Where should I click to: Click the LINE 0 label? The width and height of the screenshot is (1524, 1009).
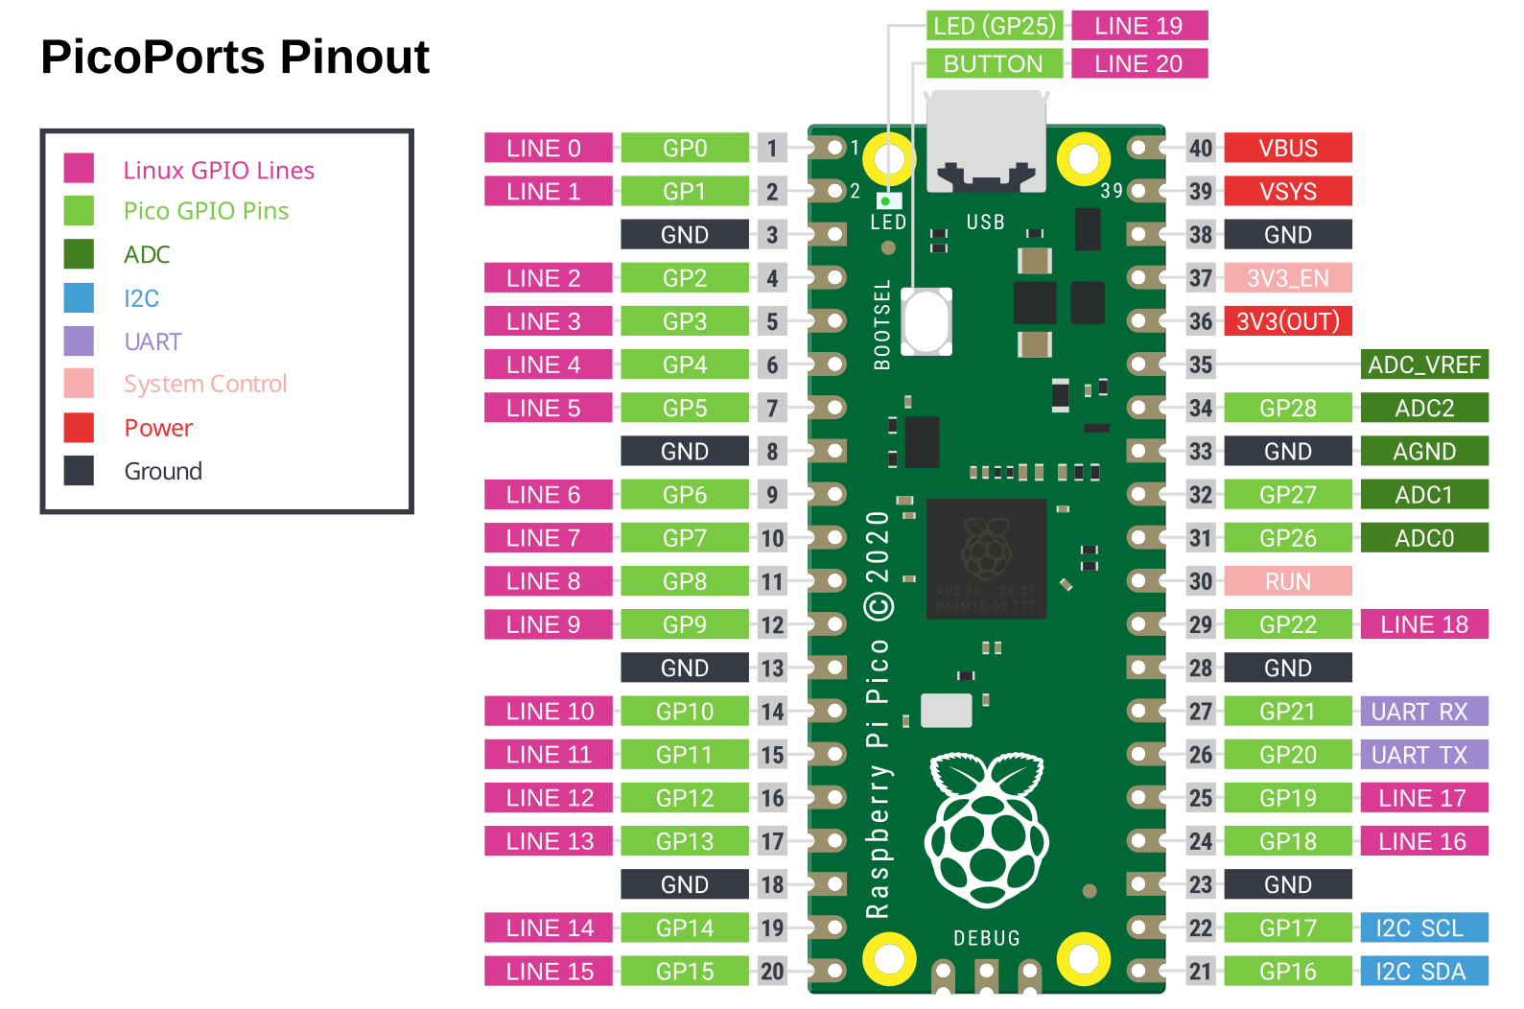tap(548, 149)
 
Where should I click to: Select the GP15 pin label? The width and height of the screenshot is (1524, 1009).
tap(685, 972)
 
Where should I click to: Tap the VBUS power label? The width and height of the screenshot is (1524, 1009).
tap(1288, 149)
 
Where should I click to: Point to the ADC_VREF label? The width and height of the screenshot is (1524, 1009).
tap(1424, 365)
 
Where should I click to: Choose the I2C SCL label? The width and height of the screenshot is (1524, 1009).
tap(1424, 928)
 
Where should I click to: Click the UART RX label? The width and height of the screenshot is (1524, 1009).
tap(1424, 712)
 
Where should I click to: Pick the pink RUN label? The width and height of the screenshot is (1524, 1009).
tap(1288, 581)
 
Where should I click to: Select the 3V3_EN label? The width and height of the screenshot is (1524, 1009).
tap(1288, 278)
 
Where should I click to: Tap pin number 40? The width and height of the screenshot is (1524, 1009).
tap(1201, 149)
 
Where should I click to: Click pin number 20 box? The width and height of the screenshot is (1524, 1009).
tap(772, 972)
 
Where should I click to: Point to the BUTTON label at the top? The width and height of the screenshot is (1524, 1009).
tap(994, 64)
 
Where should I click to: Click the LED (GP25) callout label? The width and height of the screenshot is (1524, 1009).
tap(994, 26)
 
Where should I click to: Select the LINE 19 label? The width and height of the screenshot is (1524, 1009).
tap(1138, 26)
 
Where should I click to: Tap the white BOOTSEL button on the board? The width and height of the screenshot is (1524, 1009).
tap(926, 321)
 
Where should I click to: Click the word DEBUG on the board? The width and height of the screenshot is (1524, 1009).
tap(987, 938)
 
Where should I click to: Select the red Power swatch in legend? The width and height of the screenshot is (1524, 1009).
tap(79, 428)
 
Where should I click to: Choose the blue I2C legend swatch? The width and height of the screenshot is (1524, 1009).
tap(79, 298)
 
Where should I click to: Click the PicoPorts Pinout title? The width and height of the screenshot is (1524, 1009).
tap(235, 57)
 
